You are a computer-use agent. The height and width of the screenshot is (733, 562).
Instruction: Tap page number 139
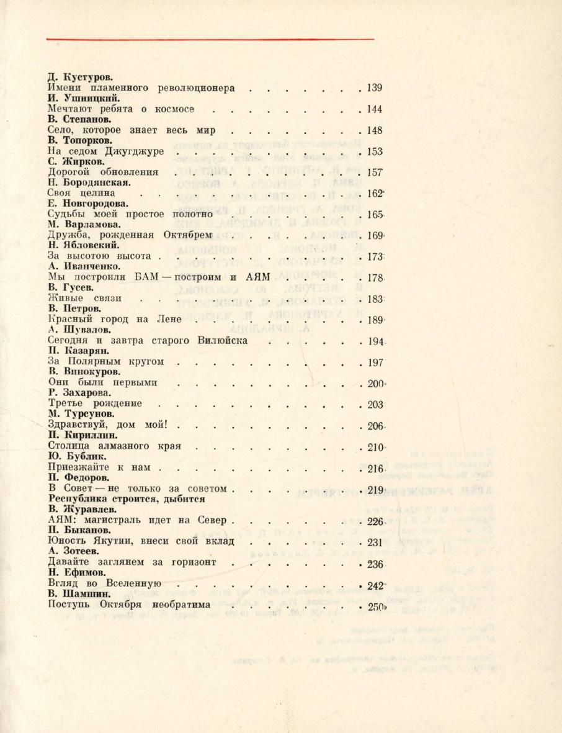[x=375, y=88]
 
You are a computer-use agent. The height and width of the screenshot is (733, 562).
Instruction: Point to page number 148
[x=375, y=130]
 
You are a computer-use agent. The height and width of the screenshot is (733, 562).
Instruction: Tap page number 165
[x=375, y=215]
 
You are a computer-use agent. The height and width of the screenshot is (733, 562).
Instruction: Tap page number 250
[x=375, y=605]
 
